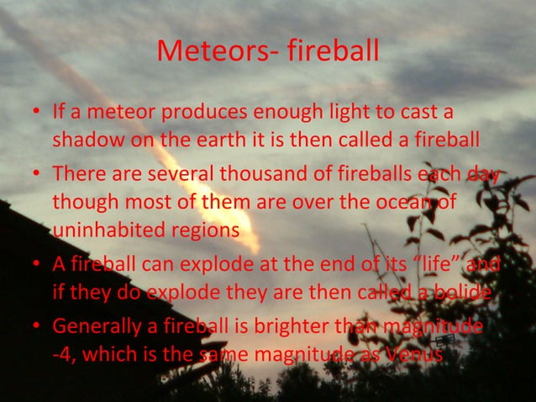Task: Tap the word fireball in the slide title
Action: click(333, 52)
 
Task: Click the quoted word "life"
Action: click(434, 266)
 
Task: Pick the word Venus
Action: click(414, 353)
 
